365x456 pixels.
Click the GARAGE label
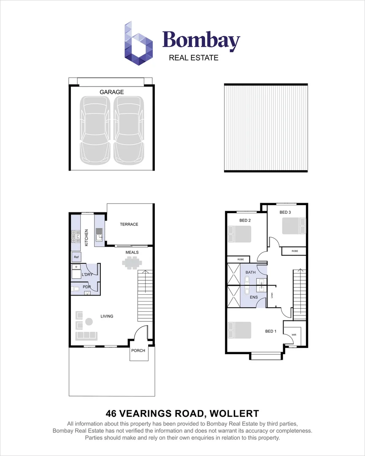pyautogui.click(x=111, y=92)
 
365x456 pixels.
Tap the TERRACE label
pyautogui.click(x=129, y=224)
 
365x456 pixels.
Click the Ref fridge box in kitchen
pyautogui.click(x=76, y=257)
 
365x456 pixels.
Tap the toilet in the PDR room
pyautogui.click(x=76, y=289)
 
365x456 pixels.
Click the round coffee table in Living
pyautogui.click(x=89, y=322)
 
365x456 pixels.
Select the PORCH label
pyautogui.click(x=138, y=350)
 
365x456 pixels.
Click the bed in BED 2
pyautogui.click(x=240, y=234)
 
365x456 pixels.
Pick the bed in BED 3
pyautogui.click(x=292, y=225)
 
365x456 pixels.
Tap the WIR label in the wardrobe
pyautogui.click(x=294, y=335)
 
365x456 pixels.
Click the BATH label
pyautogui.click(x=251, y=272)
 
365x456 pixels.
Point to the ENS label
pyautogui.click(x=254, y=297)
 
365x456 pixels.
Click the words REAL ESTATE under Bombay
pyautogui.click(x=194, y=58)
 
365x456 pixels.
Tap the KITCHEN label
pyautogui.click(x=87, y=238)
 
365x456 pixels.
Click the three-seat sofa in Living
pyautogui.click(x=86, y=336)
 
